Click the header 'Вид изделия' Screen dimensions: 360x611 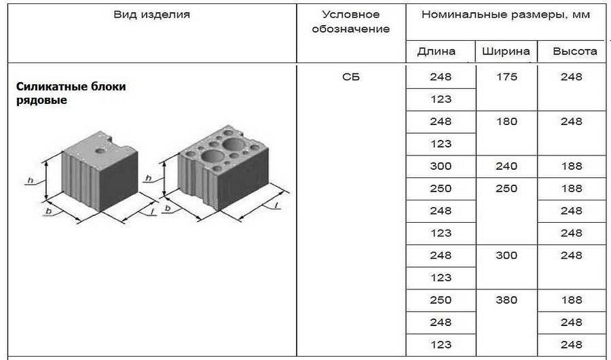[151, 14]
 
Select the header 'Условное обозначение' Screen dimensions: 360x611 [351, 21]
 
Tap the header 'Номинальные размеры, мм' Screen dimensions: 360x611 [506, 14]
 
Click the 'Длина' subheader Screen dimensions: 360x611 [436, 51]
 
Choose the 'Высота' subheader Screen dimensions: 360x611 [574, 51]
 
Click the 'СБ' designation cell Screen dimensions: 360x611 [351, 77]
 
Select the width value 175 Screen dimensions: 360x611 [506, 77]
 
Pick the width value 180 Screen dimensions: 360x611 [506, 122]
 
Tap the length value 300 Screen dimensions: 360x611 [441, 166]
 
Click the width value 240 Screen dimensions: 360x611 [506, 166]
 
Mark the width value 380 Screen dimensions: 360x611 [506, 300]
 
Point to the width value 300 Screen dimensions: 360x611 [506, 255]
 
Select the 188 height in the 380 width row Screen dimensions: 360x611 [572, 300]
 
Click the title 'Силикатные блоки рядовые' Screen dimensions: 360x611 [71, 94]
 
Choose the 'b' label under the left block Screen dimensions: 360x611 [49, 212]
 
